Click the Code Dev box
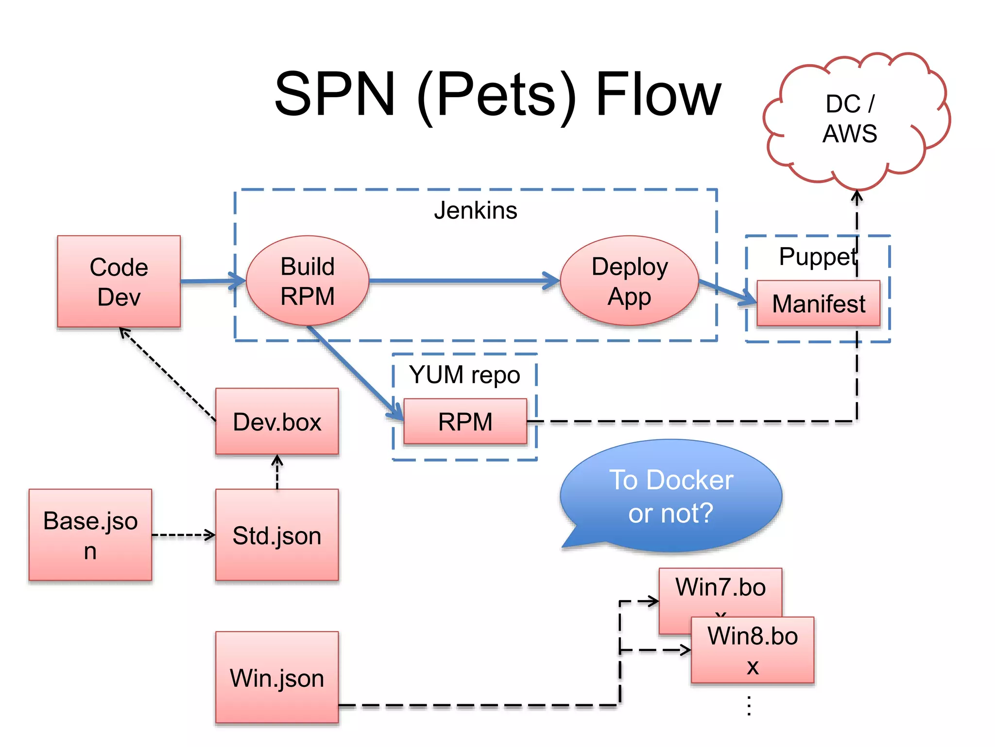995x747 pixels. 119,282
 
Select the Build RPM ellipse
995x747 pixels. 307,281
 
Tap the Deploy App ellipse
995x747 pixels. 629,281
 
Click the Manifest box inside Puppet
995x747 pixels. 818,303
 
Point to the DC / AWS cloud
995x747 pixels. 850,119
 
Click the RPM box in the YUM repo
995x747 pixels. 465,422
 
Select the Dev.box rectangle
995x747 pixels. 277,422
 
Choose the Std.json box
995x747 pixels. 277,535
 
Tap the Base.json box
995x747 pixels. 90,535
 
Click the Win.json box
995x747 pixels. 277,677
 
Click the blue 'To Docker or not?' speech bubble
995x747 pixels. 671,496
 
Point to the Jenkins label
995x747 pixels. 475,211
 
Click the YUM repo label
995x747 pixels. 464,375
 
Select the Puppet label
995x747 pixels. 817,256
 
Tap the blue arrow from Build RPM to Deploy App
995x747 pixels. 462,281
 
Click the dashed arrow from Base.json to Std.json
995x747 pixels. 182,535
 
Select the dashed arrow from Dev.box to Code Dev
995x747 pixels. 168,374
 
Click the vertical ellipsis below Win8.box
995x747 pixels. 749,705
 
